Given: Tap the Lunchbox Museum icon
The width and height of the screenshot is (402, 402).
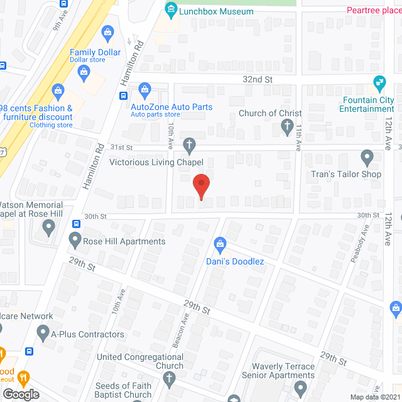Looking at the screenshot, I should click(171, 10).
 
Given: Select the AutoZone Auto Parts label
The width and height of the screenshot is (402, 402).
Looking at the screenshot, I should click(171, 107).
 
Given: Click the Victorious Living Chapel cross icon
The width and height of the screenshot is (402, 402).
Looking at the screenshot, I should click(188, 146).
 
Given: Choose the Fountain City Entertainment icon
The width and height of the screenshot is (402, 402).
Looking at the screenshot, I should click(379, 82).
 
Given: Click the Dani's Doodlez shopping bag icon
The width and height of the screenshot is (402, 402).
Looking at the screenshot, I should click(220, 242).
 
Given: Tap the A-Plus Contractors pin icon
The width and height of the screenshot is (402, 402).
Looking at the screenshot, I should click(43, 332).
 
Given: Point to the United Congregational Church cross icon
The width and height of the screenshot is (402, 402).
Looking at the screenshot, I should click(168, 378).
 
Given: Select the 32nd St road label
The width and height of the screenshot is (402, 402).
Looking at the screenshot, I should click(258, 80).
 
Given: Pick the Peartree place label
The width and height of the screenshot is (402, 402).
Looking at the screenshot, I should click(373, 10).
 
